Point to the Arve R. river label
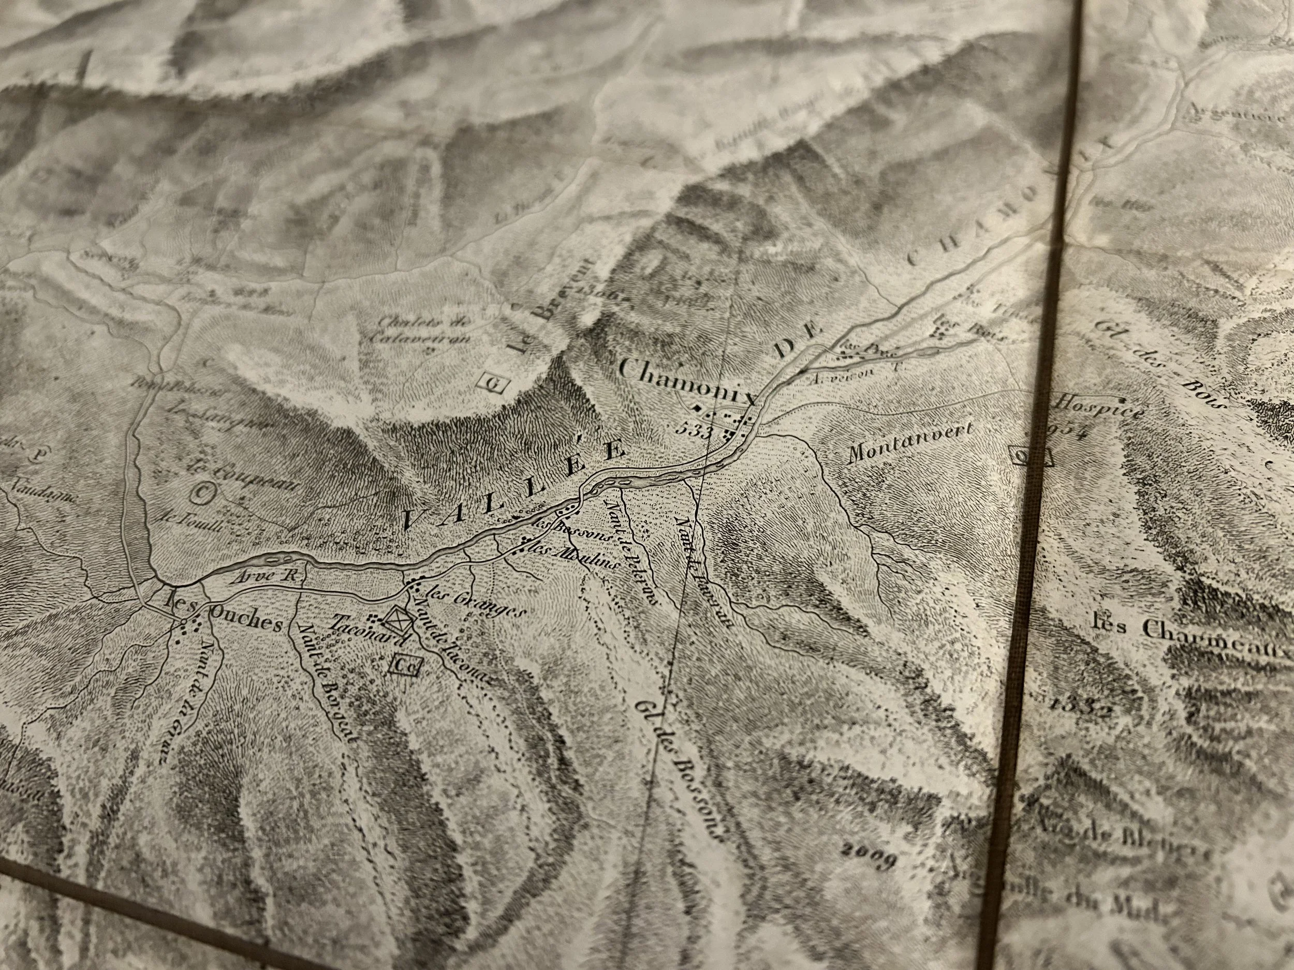pyautogui.click(x=266, y=576)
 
